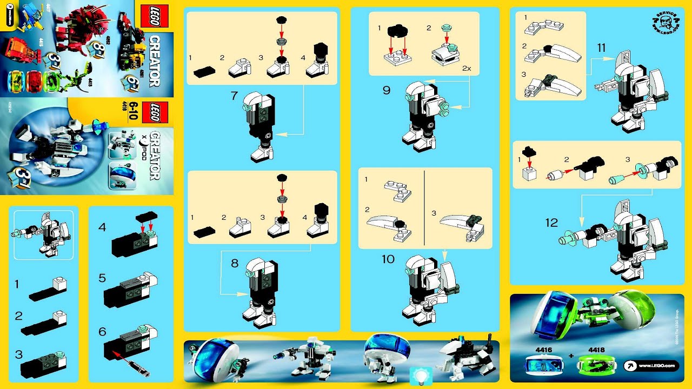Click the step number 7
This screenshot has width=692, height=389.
pos(234,96)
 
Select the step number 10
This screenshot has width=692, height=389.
pos(388,259)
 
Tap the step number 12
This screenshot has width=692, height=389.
pos(551,223)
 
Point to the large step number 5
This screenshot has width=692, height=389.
pos(102,278)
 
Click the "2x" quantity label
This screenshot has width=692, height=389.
pos(467,69)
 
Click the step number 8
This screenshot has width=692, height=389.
pos(234,264)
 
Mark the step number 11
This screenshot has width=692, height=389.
pos(601,48)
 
